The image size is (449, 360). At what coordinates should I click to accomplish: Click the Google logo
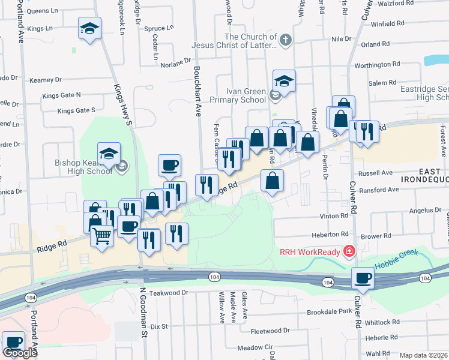pyautogui.click(x=20, y=353)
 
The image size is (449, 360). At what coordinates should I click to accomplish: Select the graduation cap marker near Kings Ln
pyautogui.click(x=89, y=28)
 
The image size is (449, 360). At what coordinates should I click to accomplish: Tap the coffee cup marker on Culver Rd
pyautogui.click(x=363, y=278)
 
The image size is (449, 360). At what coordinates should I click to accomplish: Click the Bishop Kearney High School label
pyautogui.click(x=83, y=166)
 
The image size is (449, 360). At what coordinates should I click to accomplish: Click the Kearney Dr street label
pyautogui.click(x=46, y=79)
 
